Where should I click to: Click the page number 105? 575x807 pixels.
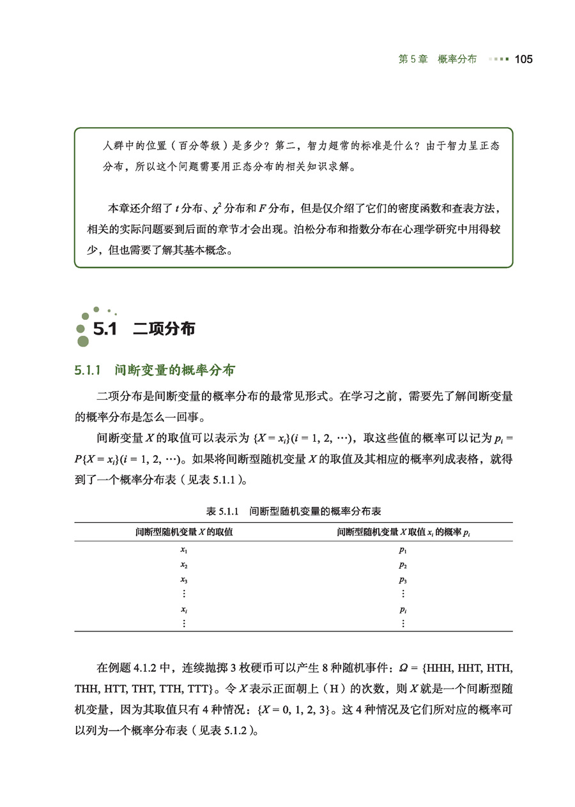point(523,59)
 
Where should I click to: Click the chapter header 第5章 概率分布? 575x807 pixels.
point(437,59)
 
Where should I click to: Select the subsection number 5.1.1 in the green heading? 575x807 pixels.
point(89,370)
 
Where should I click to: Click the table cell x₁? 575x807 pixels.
point(183,550)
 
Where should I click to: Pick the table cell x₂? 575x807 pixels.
point(183,565)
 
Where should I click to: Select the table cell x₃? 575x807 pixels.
point(183,580)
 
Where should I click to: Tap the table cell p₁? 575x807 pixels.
point(402,550)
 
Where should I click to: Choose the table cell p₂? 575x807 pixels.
point(402,565)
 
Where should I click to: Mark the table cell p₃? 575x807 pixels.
point(402,580)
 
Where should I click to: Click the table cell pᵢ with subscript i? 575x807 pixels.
point(402,610)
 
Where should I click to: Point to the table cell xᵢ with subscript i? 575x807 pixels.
point(183,610)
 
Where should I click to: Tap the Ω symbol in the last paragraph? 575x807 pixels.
point(403,668)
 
